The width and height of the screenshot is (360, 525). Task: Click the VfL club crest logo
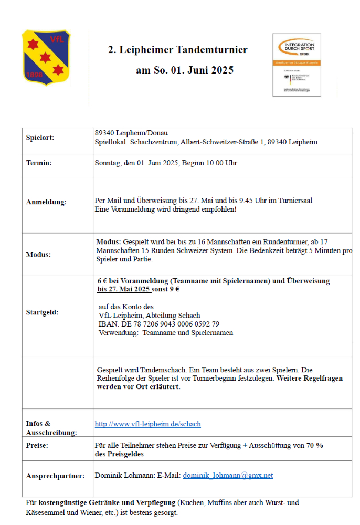tap(46, 57)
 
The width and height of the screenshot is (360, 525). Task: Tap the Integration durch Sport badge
tap(297, 65)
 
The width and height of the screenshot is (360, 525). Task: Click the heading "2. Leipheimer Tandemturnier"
tap(177, 50)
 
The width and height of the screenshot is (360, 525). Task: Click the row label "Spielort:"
tap(40, 138)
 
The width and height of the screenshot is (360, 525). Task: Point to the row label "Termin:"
tap(39, 163)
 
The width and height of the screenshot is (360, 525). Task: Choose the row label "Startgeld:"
tap(43, 312)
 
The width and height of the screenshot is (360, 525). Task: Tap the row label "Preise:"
tap(37, 445)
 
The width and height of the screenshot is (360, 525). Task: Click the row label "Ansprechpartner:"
tap(55, 476)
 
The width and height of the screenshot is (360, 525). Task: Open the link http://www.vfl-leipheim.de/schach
tap(147, 424)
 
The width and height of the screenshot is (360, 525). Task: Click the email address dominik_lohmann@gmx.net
tap(228, 476)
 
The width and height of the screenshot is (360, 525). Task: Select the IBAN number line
tap(158, 324)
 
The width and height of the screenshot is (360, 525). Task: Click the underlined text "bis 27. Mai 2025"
tap(124, 289)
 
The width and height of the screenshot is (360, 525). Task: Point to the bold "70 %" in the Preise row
tap(315, 445)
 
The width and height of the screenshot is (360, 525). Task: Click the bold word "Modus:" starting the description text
tap(109, 243)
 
